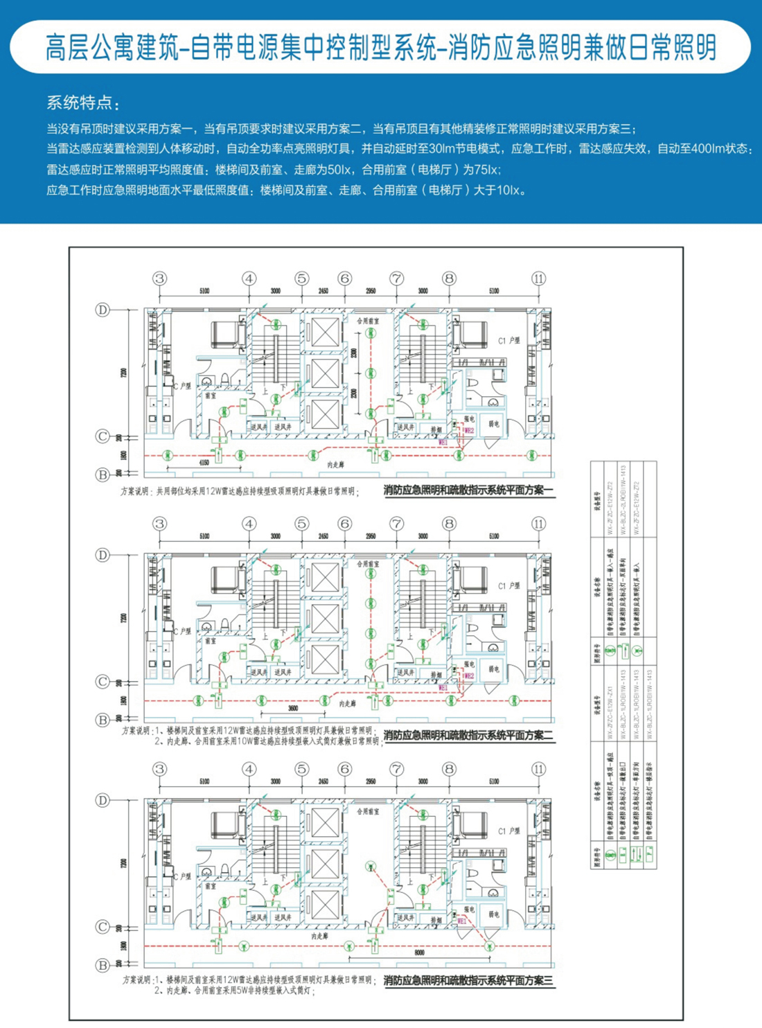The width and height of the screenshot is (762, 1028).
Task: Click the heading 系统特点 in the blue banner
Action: [x=82, y=103]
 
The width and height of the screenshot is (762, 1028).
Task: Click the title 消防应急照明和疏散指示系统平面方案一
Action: [x=468, y=490]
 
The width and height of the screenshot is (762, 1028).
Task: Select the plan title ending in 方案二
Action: [x=468, y=736]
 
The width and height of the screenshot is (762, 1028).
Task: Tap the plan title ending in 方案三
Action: [x=468, y=980]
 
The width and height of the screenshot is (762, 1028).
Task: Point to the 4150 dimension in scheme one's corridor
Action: [x=204, y=462]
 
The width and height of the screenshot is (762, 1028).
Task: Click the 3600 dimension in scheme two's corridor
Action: [x=292, y=709]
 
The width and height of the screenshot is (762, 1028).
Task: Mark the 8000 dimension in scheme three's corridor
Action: [x=419, y=953]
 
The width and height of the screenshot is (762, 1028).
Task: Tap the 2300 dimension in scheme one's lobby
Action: [x=354, y=353]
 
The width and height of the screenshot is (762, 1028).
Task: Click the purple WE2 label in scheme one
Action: [x=469, y=431]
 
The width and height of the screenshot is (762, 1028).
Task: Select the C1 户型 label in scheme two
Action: [x=509, y=586]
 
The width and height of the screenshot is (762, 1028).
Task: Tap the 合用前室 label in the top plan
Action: [x=368, y=321]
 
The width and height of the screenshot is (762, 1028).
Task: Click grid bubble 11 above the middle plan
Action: [x=539, y=524]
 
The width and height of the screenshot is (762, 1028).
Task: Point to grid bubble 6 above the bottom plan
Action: [x=344, y=769]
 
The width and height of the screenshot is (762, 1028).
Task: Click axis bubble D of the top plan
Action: [x=103, y=310]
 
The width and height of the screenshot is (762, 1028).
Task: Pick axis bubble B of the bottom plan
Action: [x=103, y=965]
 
